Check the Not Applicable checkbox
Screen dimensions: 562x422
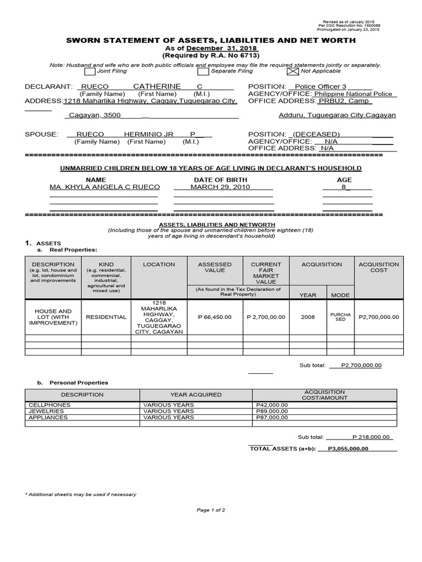tap(292, 71)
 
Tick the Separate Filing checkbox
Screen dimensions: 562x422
tap(203, 71)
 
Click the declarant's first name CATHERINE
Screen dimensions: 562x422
tap(157, 87)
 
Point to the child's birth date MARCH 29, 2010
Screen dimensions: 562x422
tap(220, 187)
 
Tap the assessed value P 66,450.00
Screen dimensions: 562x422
tap(215, 317)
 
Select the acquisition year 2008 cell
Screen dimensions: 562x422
tap(308, 317)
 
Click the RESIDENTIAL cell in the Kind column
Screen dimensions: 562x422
tap(105, 317)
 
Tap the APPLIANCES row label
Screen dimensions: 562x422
tap(48, 417)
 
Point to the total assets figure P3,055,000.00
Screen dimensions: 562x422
tap(348, 448)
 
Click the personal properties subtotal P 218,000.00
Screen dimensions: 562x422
tap(371, 437)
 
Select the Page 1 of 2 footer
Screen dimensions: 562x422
tap(211, 510)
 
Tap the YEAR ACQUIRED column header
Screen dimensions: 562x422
tap(196, 395)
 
